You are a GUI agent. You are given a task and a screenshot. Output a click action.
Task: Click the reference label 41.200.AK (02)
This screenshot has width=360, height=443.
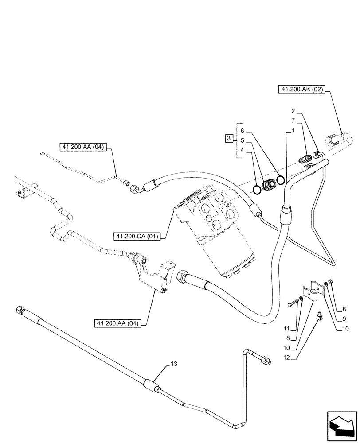301,90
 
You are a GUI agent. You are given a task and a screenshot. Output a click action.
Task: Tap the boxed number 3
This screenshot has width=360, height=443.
228,139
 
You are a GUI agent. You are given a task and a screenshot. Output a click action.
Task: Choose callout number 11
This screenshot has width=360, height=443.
288,329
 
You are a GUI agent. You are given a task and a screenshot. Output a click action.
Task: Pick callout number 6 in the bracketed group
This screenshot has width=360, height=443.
242,131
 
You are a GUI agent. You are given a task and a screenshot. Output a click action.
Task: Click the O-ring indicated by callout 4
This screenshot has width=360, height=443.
257,190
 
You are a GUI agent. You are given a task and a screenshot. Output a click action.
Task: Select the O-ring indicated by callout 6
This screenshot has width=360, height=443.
281,180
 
